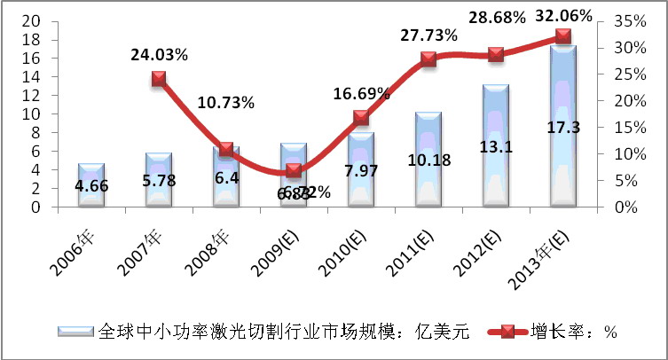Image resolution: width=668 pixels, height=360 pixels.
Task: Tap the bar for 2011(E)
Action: (428, 160)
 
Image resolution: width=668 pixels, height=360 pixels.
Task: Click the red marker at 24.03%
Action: (159, 79)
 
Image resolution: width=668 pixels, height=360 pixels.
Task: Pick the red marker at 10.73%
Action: (226, 150)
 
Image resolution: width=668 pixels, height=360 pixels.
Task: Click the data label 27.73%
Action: (428, 35)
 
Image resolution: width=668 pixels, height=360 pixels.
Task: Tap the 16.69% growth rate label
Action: (361, 93)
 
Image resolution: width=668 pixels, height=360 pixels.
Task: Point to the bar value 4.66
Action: (91, 187)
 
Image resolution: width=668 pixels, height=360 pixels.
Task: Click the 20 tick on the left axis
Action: (30, 20)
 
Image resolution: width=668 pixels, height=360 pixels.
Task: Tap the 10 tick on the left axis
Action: (30, 113)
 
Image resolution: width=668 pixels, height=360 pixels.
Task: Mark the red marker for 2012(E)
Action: (495, 54)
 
